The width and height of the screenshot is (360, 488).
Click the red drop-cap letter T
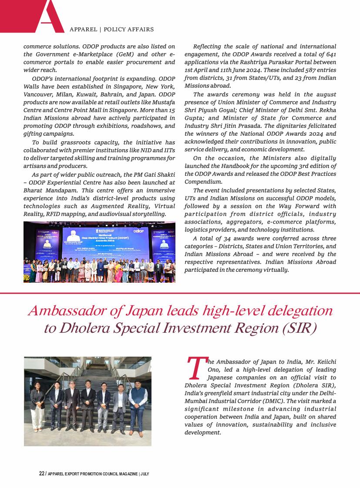[x=195, y=368]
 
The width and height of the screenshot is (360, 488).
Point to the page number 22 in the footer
[x=42, y=474]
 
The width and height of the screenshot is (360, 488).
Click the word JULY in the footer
[x=145, y=474]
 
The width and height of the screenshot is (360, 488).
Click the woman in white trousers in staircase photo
[x=37, y=409]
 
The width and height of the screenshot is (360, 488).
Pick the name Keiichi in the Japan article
[x=324, y=361]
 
